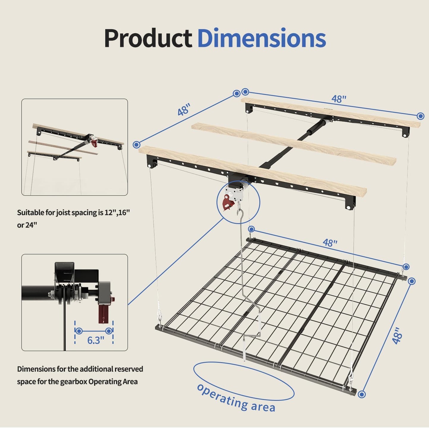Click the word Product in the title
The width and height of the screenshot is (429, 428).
148,38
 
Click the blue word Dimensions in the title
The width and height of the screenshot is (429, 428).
262,38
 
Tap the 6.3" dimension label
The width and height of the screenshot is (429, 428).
96,340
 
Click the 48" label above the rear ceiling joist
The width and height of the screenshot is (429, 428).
339,99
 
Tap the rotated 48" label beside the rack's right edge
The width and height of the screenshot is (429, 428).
397,336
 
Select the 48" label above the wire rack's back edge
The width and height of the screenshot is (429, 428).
330,243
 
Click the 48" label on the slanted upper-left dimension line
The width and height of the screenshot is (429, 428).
184,110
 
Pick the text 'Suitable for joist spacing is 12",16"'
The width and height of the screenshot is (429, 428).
73,213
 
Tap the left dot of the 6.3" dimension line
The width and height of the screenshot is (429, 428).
79,331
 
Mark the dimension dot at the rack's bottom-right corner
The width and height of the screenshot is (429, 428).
362,394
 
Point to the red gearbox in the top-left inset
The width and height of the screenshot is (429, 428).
94,142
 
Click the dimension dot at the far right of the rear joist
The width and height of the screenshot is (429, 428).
420,116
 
